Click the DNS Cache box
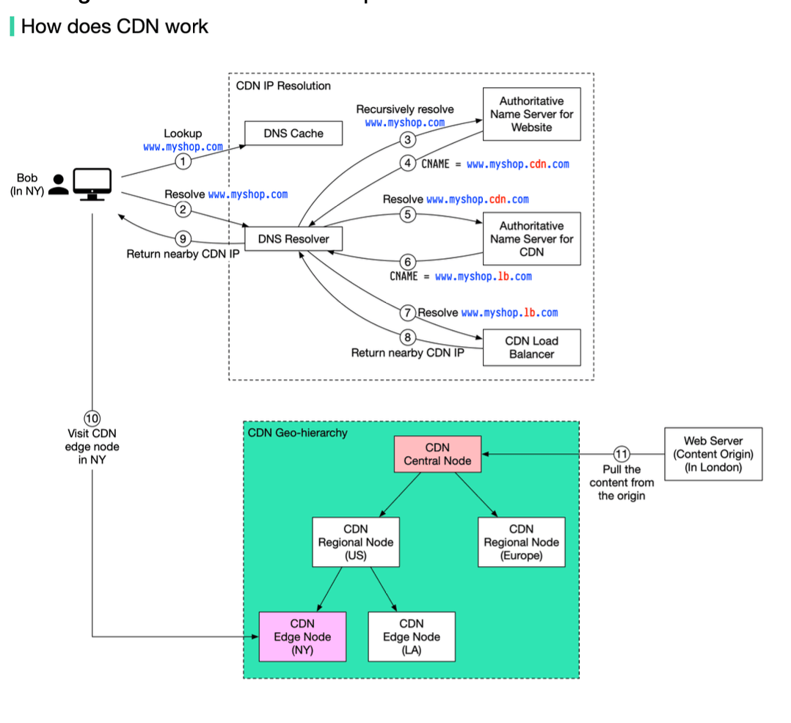pyautogui.click(x=294, y=133)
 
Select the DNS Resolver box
pyautogui.click(x=294, y=239)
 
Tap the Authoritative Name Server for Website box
pyautogui.click(x=531, y=114)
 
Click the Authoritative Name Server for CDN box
pyautogui.click(x=531, y=239)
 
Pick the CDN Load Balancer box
pyautogui.click(x=531, y=348)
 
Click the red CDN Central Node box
pyautogui.click(x=437, y=455)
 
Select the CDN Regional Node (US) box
pyautogui.click(x=356, y=542)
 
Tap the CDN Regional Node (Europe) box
pyautogui.click(x=521, y=542)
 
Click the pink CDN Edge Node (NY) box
pyautogui.click(x=302, y=636)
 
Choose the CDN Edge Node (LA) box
pyautogui.click(x=412, y=636)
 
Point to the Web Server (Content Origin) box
pyautogui.click(x=712, y=454)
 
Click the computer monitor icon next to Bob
pyautogui.click(x=92, y=183)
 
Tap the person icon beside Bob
pyautogui.click(x=59, y=184)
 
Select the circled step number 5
pyautogui.click(x=409, y=215)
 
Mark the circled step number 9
pyautogui.click(x=183, y=238)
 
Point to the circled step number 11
pyautogui.click(x=621, y=454)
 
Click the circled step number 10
pyautogui.click(x=92, y=419)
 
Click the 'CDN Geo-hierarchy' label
pyautogui.click(x=297, y=433)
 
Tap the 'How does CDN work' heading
pyautogui.click(x=114, y=26)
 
